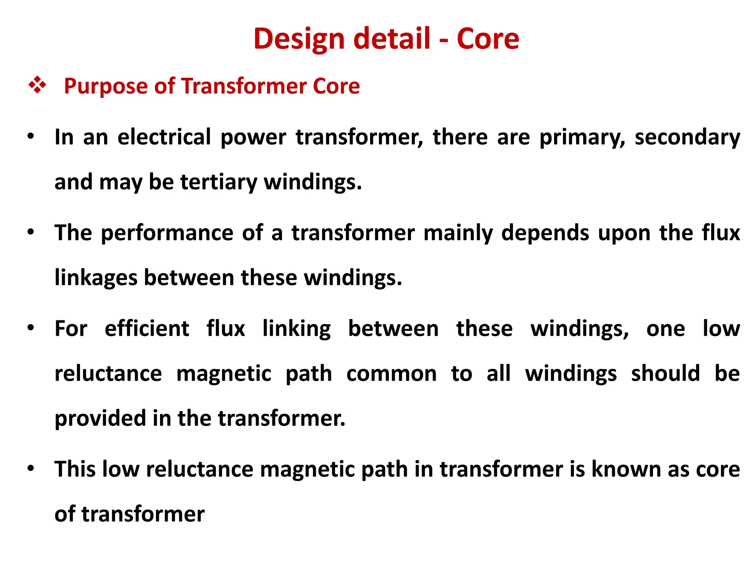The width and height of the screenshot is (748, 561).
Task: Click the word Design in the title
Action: pyautogui.click(x=299, y=39)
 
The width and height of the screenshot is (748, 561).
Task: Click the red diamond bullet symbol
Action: pyautogui.click(x=37, y=86)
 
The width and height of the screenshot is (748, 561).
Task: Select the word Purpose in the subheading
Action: pyautogui.click(x=106, y=87)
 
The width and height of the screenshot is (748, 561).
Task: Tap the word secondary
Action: pyautogui.click(x=687, y=138)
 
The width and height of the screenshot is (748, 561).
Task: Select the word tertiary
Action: pyautogui.click(x=219, y=182)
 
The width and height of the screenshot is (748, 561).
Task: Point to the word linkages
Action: pyautogui.click(x=96, y=278)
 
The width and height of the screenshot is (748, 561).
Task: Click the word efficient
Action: pyautogui.click(x=147, y=329)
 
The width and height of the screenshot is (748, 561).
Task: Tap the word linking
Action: pyautogui.click(x=297, y=329)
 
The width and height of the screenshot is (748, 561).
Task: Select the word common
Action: pyautogui.click(x=391, y=374)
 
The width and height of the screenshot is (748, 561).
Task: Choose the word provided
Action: pyautogui.click(x=100, y=418)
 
